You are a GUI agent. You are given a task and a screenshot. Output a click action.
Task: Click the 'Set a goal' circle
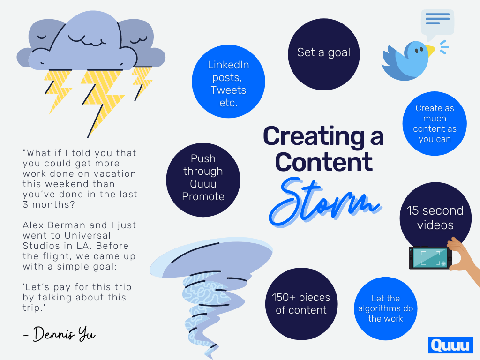click(x=323, y=54)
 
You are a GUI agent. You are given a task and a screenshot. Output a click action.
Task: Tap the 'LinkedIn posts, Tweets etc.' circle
click(x=228, y=82)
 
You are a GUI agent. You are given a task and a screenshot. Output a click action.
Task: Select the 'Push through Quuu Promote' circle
click(x=203, y=180)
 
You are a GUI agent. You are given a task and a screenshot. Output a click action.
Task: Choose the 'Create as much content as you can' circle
click(x=435, y=123)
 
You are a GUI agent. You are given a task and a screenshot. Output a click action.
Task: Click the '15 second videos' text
click(x=435, y=217)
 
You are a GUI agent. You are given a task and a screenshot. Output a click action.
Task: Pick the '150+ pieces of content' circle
click(x=301, y=304)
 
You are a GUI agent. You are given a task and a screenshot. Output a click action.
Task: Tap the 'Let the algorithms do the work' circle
click(x=385, y=308)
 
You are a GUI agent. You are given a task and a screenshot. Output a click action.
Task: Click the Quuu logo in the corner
click(x=450, y=345)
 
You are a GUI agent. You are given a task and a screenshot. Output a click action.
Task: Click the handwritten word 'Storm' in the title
click(x=325, y=202)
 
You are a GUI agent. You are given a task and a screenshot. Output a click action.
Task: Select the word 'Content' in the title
click(x=323, y=162)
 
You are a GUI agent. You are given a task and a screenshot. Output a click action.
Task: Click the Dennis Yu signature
click(x=60, y=334)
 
